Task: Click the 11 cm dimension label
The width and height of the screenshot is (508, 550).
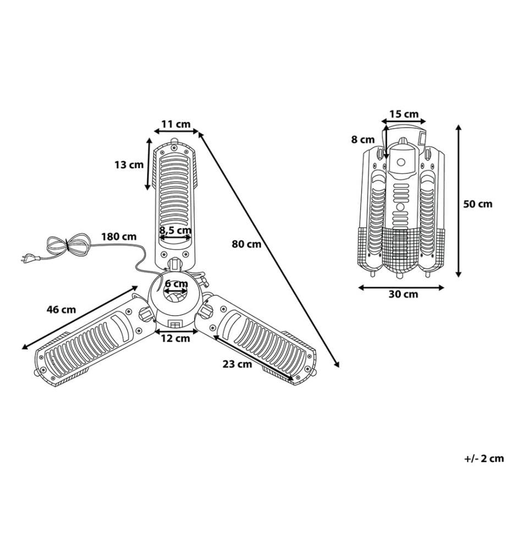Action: coord(175,124)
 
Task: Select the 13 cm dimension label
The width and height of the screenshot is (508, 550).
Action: coord(129,164)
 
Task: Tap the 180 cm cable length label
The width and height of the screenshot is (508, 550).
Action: coord(119,237)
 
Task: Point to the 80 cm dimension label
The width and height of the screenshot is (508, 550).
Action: coord(246,244)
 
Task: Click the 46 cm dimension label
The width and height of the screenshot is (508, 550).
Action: coord(61,310)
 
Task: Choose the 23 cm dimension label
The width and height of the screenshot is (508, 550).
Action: coord(238,364)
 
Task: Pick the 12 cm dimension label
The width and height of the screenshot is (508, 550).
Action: coord(175,338)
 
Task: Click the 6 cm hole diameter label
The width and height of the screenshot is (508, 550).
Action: coord(176,283)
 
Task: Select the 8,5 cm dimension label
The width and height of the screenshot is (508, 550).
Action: coord(175,230)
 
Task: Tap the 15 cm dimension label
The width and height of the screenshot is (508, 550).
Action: coord(404,114)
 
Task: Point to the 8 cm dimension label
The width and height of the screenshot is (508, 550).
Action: coord(363,140)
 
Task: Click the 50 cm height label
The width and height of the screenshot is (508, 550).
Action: coord(478,204)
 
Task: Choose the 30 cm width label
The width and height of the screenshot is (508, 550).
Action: coord(403,294)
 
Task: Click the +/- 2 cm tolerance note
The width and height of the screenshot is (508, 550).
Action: coord(484,458)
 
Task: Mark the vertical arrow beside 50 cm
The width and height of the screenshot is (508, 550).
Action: coord(458,201)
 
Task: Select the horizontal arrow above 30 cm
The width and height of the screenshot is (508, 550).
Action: coord(401,288)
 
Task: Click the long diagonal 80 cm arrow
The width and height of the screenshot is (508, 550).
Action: coord(269,249)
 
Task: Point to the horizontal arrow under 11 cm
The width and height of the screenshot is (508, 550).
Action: coord(176,131)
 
